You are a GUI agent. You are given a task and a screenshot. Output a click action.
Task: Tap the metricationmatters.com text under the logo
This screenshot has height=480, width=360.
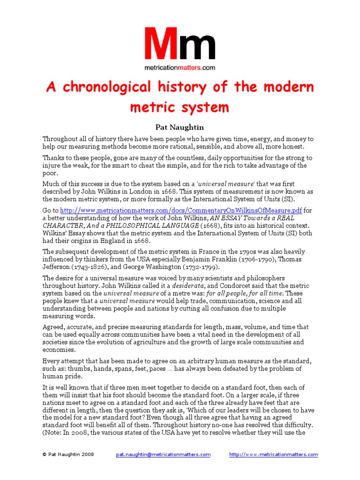180,67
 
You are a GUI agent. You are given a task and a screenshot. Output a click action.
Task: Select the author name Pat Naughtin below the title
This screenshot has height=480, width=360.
180,127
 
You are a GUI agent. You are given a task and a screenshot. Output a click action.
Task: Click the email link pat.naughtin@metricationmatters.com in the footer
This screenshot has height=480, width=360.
163,455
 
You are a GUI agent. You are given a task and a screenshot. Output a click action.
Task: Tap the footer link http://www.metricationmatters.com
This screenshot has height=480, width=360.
273,455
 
